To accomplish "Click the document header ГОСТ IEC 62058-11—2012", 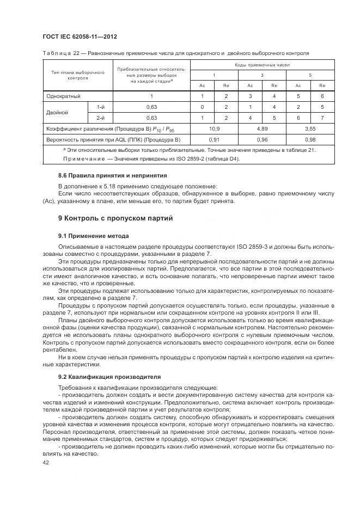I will [80, 36].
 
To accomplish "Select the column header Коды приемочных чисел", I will [263, 64].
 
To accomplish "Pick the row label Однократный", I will [63, 96].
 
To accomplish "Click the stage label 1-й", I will [100, 107].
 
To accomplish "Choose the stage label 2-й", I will [100, 118].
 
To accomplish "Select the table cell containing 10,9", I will [214, 128].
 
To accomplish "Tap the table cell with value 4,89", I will [262, 128].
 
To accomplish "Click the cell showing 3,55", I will [310, 128].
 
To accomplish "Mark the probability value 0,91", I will [214, 139].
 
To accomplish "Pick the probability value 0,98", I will [310, 139].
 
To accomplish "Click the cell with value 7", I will [322, 118].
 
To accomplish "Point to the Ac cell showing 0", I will [202, 107].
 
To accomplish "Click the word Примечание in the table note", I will [73, 158].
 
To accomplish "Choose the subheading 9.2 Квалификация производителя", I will [101, 377].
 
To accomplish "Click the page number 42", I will [46, 462].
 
